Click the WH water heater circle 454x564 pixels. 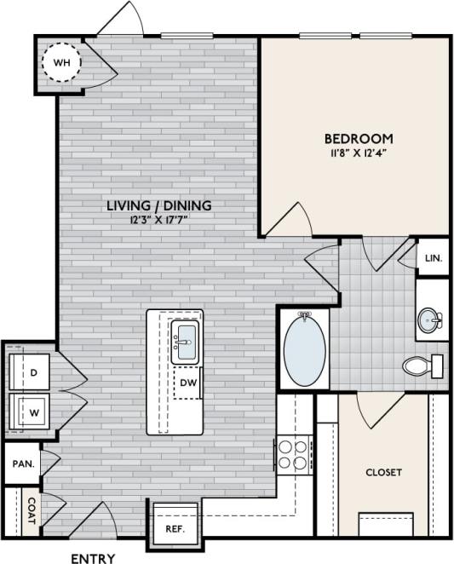tap(61, 63)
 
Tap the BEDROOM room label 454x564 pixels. tap(358, 138)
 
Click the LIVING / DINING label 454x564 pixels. tap(159, 205)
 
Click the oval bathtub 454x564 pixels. tap(304, 351)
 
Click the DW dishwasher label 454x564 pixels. tap(187, 383)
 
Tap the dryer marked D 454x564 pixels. tap(32, 373)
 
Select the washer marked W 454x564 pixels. tap(32, 410)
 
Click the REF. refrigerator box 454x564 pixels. tap(175, 528)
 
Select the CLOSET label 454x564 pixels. tap(383, 472)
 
